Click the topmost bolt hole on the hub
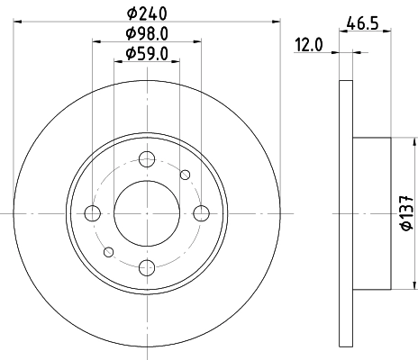click(x=147, y=162)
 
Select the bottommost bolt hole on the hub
click(x=147, y=265)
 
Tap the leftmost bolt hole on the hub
click(x=92, y=213)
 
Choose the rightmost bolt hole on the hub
click(x=201, y=213)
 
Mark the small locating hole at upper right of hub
click(x=186, y=175)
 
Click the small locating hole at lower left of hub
click(x=108, y=252)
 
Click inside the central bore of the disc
click(x=147, y=213)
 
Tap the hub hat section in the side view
click(x=371, y=213)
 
